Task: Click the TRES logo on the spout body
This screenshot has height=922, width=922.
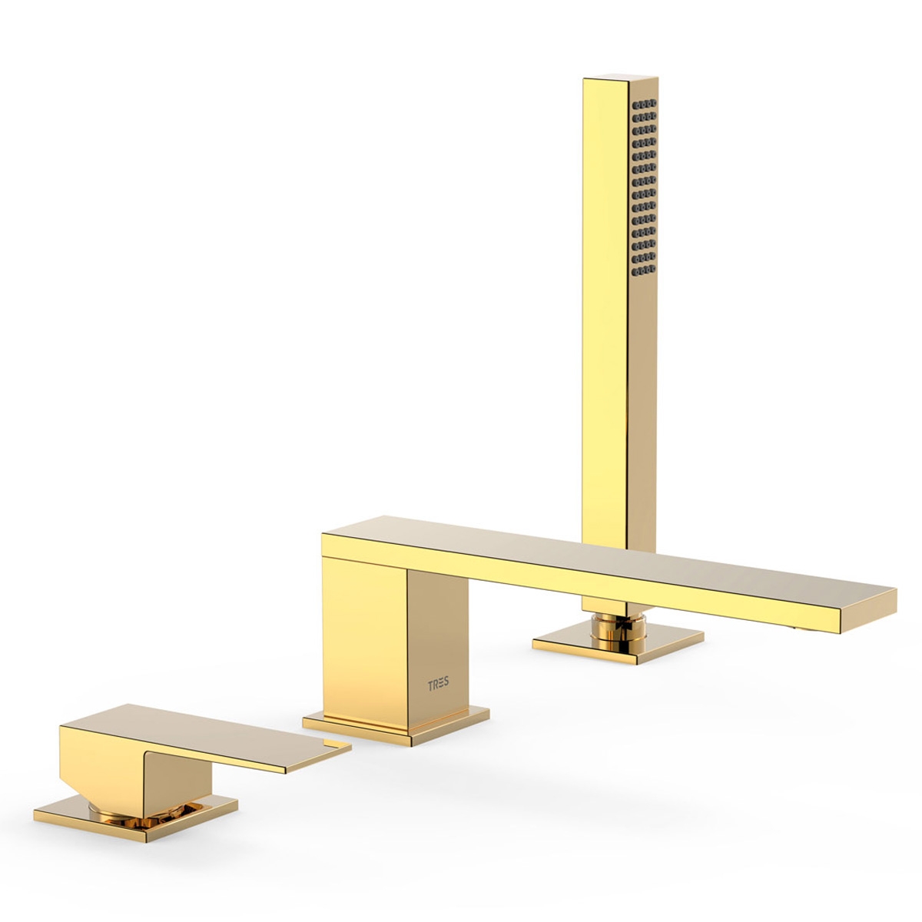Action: [x=439, y=684]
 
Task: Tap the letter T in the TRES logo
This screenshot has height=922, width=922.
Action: [x=430, y=684]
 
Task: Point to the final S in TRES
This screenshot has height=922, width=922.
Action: [x=447, y=684]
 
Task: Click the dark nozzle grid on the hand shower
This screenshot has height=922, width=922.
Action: [x=643, y=187]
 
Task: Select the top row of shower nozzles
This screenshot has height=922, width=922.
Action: [x=644, y=103]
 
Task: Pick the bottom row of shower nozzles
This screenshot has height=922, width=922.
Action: [x=643, y=270]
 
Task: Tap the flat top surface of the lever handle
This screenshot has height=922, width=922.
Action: [x=207, y=726]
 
